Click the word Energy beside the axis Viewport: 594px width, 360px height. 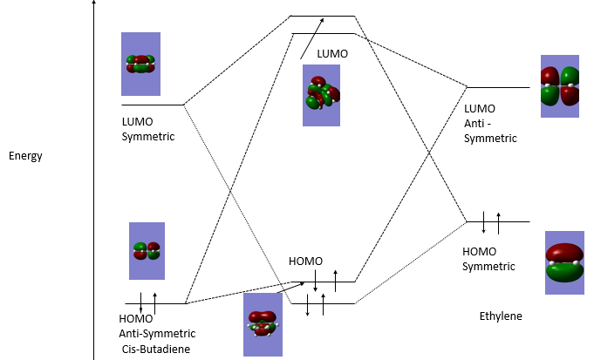[25, 156]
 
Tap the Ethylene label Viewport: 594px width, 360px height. [501, 316]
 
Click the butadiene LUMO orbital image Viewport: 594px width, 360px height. [140, 64]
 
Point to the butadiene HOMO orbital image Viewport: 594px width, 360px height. [147, 251]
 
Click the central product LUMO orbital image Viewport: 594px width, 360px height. [321, 95]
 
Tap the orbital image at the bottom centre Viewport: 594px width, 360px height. [263, 323]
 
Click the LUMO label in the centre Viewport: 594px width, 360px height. [332, 53]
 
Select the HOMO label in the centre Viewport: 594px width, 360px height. [305, 262]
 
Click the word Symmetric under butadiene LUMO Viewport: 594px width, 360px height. [148, 136]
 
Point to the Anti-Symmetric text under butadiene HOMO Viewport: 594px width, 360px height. [157, 334]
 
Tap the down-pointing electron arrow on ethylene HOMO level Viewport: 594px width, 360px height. [483, 222]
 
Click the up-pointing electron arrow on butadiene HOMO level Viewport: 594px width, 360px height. [154, 303]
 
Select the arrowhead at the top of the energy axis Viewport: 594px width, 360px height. [93, 5]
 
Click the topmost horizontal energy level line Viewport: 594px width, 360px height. [322, 16]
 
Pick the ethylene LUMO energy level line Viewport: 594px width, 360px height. [498, 88]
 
